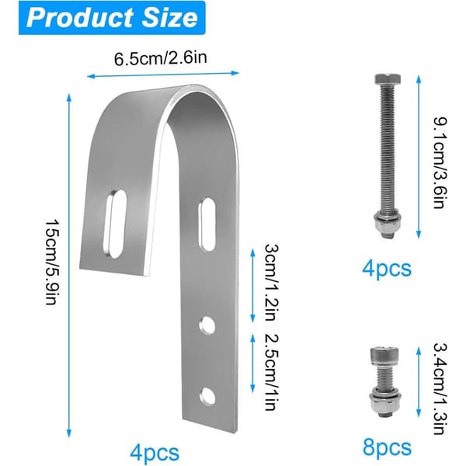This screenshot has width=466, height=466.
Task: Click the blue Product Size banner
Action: click(x=112, y=18)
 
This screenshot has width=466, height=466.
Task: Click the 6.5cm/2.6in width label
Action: click(x=161, y=58)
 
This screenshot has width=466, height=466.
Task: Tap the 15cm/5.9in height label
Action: click(x=50, y=263)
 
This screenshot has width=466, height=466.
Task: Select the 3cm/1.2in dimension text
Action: click(x=272, y=283)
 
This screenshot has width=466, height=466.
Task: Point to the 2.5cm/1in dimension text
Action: click(x=272, y=372)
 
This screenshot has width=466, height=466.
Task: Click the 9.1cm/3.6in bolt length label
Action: click(x=440, y=163)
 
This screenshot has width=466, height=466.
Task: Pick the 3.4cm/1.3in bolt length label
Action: click(x=440, y=388)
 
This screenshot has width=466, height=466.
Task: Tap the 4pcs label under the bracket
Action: click(x=155, y=453)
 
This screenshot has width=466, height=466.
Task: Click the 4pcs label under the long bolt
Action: click(x=387, y=269)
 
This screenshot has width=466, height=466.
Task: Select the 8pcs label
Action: click(x=387, y=447)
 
